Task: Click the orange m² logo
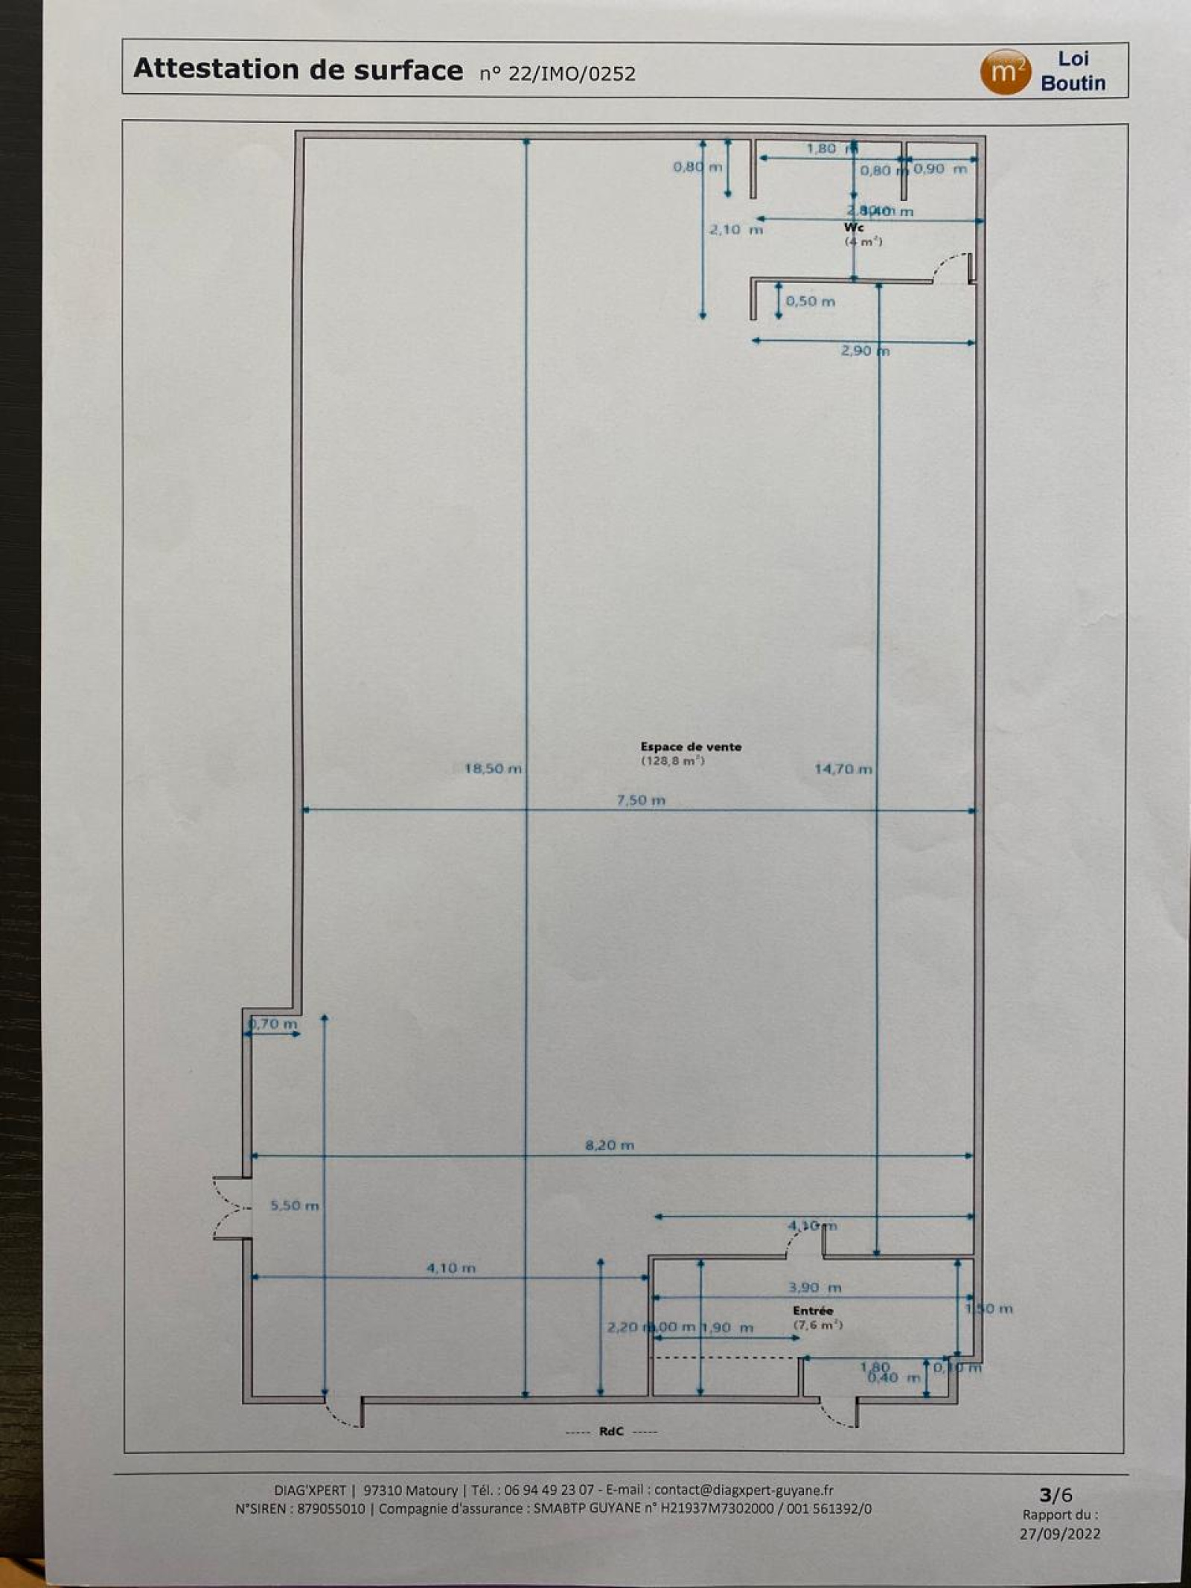point(1006,72)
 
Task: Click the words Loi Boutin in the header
point(1073,71)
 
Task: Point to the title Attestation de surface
point(298,69)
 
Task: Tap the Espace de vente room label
point(691,747)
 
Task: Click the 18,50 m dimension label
point(493,768)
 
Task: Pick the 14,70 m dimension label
point(843,768)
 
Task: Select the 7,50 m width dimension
point(641,800)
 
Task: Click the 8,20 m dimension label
point(610,1145)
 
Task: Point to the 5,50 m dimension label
point(294,1205)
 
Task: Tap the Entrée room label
point(813,1310)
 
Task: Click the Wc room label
point(854,227)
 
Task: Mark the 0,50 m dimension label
point(810,302)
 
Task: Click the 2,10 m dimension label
point(735,230)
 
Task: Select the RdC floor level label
point(611,1431)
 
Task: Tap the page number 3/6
point(1056,1494)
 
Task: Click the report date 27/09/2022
point(1059,1534)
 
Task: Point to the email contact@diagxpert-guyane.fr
point(744,1490)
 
